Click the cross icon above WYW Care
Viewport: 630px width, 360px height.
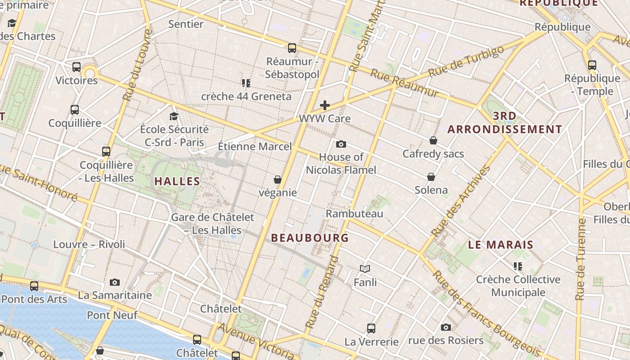[324, 105]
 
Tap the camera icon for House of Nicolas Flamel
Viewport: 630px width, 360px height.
[341, 144]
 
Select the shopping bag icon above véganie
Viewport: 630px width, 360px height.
[278, 180]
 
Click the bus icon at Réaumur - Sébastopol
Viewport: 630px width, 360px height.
[292, 48]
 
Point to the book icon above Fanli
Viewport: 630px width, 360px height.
[365, 269]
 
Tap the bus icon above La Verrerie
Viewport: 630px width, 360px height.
[371, 328]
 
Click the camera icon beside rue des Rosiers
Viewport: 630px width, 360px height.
[446, 327]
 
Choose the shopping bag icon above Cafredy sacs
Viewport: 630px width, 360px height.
[433, 140]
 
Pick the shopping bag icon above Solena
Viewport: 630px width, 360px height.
[431, 177]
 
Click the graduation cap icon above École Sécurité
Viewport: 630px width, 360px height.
[174, 117]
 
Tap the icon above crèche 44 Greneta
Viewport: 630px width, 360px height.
[246, 83]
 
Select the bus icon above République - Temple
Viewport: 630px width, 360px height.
[592, 65]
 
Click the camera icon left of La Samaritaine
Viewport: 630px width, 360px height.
[115, 282]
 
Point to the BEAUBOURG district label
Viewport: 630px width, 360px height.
[310, 238]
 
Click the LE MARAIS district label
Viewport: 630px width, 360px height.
[500, 245]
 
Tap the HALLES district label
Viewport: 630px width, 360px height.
[177, 181]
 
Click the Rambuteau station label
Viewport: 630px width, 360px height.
[354, 213]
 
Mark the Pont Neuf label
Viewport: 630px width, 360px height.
[112, 315]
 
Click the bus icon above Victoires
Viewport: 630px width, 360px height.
[76, 67]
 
